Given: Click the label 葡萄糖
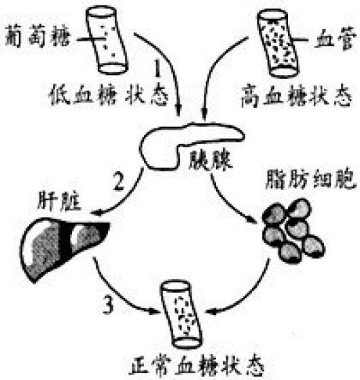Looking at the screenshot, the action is click(x=37, y=37).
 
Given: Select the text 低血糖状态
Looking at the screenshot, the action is click(x=109, y=94).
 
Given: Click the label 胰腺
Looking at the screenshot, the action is click(x=211, y=160).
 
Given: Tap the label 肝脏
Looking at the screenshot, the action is click(x=59, y=201).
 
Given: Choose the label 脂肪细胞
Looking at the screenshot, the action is click(x=311, y=179).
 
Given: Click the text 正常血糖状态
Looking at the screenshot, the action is click(x=196, y=366).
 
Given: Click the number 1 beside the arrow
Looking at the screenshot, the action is click(x=158, y=69).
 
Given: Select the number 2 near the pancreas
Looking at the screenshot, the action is click(x=119, y=180).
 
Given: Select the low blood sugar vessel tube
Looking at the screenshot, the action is click(x=107, y=40).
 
